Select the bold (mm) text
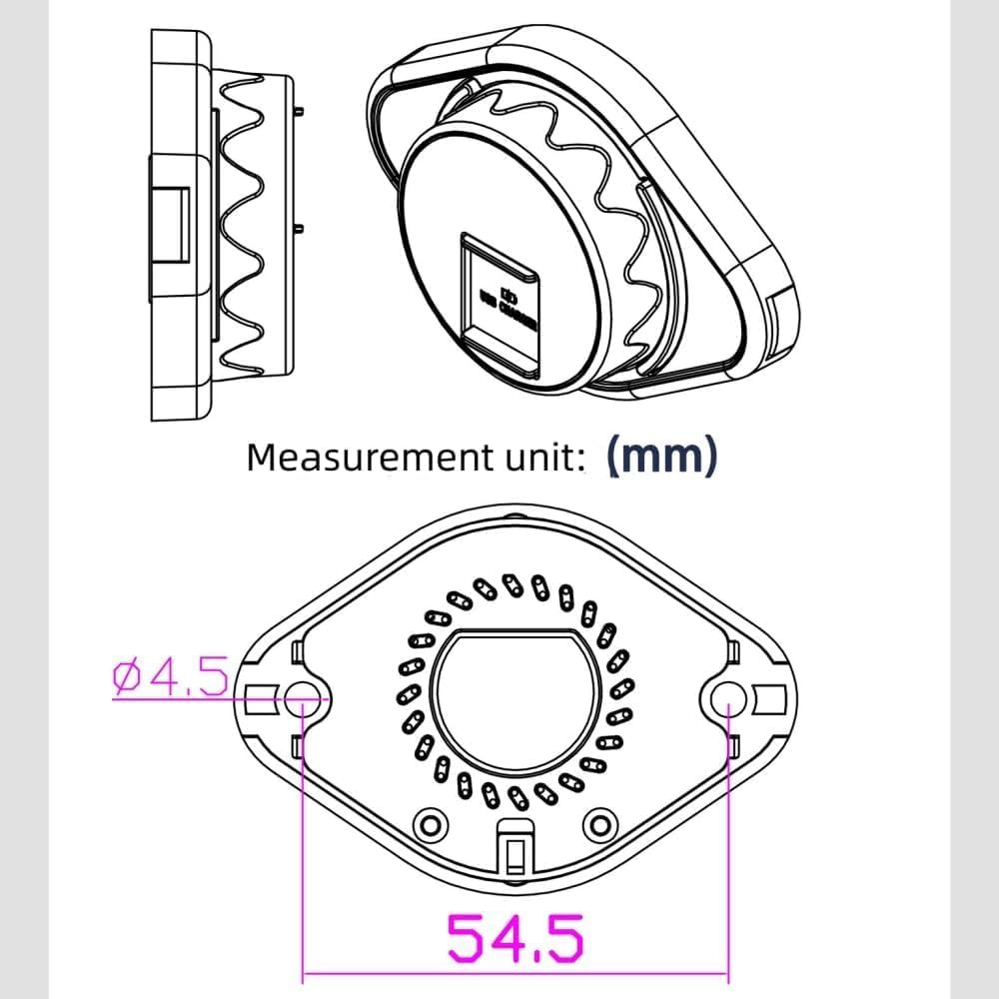tap(661, 456)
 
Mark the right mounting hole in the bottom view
tap(729, 699)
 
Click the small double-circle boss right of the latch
tap(599, 823)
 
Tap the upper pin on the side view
tap(300, 111)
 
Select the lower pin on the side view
tap(300, 229)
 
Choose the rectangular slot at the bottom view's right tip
tap(770, 696)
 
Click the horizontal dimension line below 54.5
tap(514, 971)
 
